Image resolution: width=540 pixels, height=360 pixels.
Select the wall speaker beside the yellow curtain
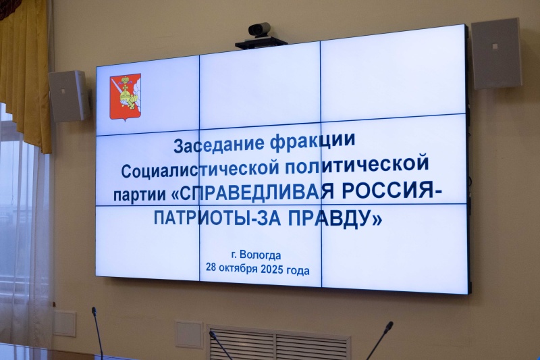click(68, 96)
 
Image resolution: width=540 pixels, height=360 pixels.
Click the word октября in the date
click(242, 269)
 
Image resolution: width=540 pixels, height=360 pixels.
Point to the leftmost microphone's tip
click(94, 311)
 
